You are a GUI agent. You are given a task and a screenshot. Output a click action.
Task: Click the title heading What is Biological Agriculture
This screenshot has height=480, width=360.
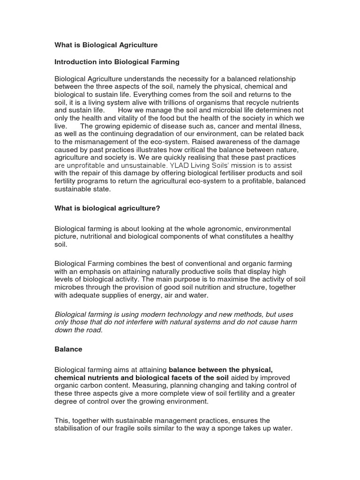(x=106, y=45)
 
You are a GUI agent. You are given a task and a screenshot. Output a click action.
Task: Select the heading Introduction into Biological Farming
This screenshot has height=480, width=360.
(x=117, y=62)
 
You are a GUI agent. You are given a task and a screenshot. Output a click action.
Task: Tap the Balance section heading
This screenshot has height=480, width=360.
(x=68, y=350)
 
